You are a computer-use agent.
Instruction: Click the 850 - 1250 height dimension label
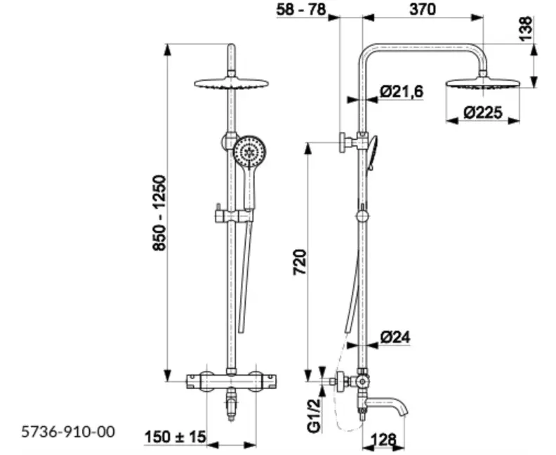159,213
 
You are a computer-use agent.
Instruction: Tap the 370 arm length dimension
423,9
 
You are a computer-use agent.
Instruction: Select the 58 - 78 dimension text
301,9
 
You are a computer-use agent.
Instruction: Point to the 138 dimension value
527,29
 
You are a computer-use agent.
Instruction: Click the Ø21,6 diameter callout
402,91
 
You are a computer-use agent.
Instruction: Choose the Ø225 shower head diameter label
483,113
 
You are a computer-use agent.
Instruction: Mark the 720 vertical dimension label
300,263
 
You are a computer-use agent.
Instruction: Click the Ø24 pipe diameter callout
395,337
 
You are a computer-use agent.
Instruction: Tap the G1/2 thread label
314,415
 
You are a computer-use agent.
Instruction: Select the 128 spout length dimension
383,440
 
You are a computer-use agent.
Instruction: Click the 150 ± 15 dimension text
176,437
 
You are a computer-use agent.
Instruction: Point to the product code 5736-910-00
68,432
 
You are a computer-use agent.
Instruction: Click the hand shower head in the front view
249,153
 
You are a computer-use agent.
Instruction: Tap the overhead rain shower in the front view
231,84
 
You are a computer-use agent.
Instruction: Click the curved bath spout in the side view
388,405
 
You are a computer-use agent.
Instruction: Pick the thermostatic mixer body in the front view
231,382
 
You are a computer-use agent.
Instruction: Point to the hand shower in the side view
372,152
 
